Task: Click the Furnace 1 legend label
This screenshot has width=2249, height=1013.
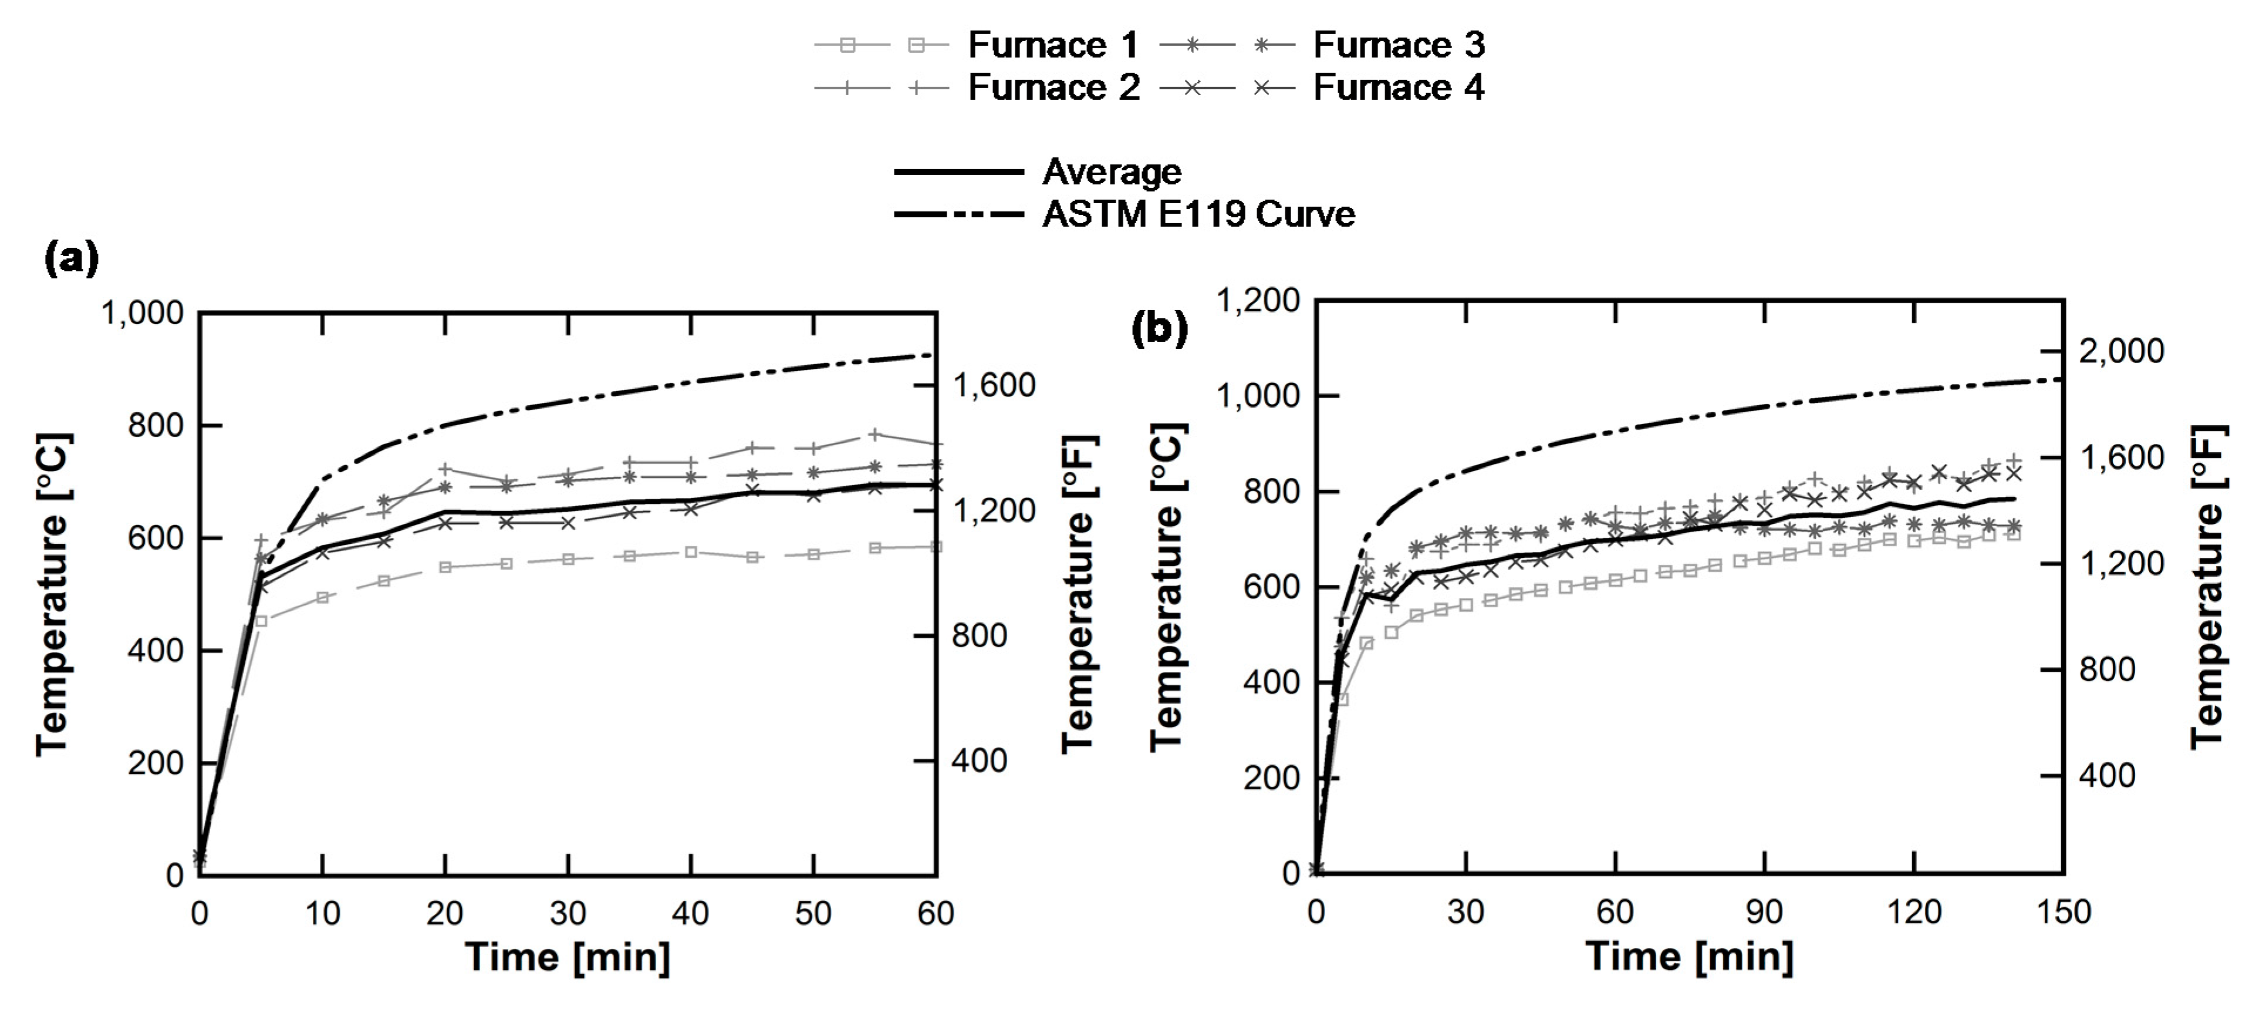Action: [1053, 45]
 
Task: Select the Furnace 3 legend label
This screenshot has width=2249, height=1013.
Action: [1399, 45]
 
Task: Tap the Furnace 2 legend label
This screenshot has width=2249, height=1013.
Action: [1053, 87]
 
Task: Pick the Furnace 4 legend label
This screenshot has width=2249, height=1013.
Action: [1399, 87]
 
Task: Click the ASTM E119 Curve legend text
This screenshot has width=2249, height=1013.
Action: [1198, 214]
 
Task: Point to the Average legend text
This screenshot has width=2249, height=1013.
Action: [1112, 172]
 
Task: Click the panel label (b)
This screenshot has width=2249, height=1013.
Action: [1160, 329]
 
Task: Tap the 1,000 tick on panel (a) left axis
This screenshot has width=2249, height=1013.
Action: [142, 312]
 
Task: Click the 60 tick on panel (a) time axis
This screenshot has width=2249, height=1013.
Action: [936, 913]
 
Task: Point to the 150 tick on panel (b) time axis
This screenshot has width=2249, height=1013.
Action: [2064, 911]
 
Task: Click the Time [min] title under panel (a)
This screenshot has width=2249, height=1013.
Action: [568, 958]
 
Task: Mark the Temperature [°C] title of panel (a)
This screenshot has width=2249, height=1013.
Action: [52, 594]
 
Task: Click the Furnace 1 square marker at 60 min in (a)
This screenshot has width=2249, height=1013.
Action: [936, 547]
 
